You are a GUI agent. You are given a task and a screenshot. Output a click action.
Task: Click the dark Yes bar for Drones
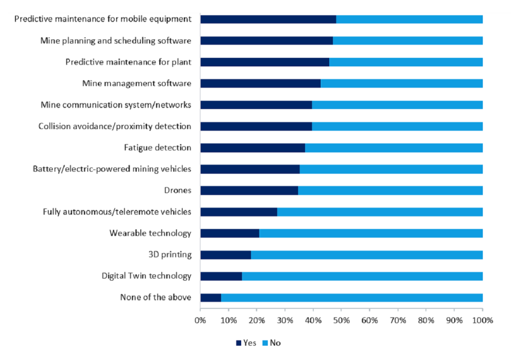(249, 190)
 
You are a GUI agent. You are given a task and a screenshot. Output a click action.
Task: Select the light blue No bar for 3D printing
(367, 255)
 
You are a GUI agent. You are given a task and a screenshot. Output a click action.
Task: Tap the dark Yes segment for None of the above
(210, 298)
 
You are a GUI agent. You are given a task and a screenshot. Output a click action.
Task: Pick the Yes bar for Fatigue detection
(252, 148)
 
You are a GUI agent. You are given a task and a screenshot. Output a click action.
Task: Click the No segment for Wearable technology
(371, 234)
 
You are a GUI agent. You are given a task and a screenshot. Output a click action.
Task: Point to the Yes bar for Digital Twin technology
(221, 277)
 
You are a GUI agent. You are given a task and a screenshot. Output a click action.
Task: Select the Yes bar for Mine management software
(260, 83)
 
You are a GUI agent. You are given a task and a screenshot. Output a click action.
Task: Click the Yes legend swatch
(239, 343)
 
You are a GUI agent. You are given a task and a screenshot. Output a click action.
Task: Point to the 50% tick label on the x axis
(342, 321)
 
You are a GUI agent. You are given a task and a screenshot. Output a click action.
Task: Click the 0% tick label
(200, 321)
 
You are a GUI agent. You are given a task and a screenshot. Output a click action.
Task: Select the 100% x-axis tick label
(482, 321)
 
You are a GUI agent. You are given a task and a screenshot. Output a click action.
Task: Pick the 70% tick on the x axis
(398, 321)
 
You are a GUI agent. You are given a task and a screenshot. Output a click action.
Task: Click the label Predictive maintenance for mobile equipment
(103, 19)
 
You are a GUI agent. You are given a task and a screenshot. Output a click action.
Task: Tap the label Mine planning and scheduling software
(116, 40)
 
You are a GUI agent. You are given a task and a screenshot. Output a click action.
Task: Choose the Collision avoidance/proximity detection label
(115, 126)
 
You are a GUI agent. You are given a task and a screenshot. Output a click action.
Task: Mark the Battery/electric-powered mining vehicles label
(112, 169)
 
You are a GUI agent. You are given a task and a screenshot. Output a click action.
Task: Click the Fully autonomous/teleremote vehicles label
(117, 211)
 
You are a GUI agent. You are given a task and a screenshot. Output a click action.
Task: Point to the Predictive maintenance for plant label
(128, 62)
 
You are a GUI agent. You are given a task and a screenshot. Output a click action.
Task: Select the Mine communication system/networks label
(116, 105)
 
